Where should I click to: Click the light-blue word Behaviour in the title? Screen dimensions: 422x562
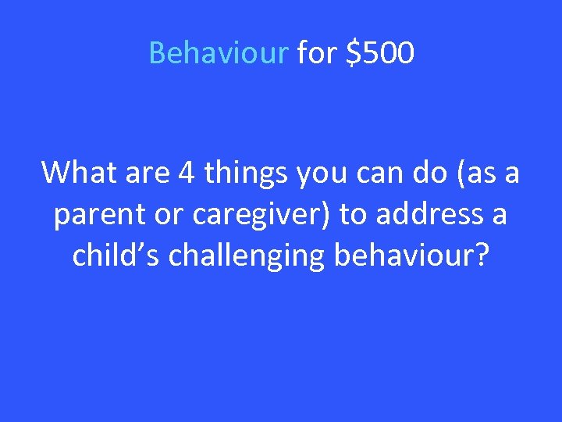click(218, 54)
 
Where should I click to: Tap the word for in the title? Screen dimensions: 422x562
click(315, 54)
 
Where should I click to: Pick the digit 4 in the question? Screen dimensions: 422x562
click(187, 173)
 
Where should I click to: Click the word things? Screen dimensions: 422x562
click(244, 173)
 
